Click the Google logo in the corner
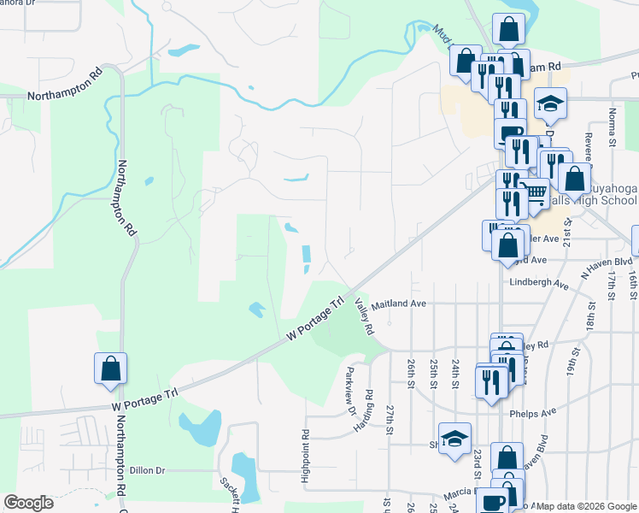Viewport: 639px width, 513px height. [28, 503]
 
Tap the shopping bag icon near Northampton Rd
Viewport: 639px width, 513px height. [111, 369]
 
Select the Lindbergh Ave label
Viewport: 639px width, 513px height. [538, 283]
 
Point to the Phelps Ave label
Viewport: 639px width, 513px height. [532, 411]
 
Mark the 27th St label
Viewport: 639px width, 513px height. [390, 419]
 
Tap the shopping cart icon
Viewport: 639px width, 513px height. [535, 193]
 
